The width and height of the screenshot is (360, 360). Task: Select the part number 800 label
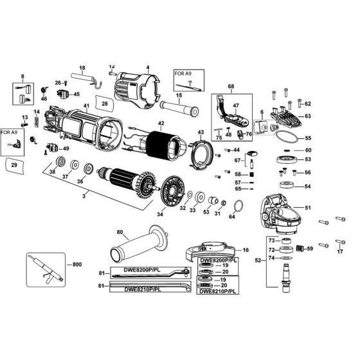click(77, 264)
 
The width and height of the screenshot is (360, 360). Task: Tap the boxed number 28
click(104, 102)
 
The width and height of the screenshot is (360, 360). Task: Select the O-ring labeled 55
click(285, 138)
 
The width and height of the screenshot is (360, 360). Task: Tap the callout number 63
click(308, 116)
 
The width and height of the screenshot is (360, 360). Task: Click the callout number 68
click(231, 85)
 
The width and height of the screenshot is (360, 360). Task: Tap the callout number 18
click(82, 67)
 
